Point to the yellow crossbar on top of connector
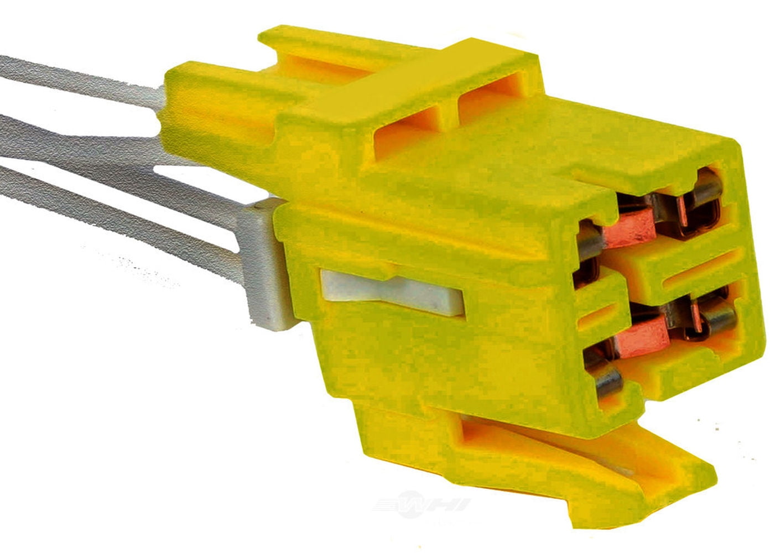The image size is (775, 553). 387,83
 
